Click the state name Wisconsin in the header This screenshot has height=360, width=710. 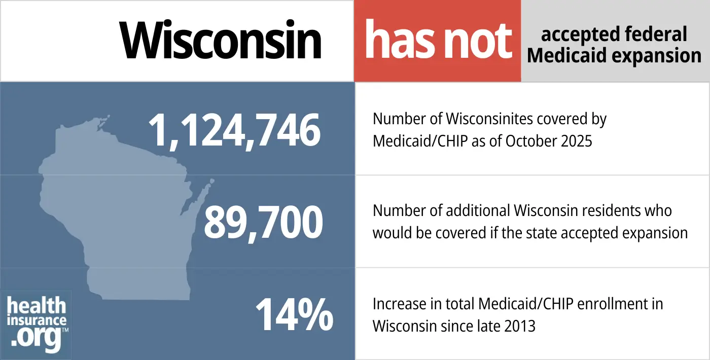pyautogui.click(x=221, y=41)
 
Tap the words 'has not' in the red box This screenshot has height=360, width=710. pyautogui.click(x=438, y=41)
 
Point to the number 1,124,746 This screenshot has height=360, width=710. pyautogui.click(x=234, y=130)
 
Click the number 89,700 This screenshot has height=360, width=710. pyautogui.click(x=263, y=223)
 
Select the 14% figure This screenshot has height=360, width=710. pyautogui.click(x=294, y=314)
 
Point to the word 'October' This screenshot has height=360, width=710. pyautogui.click(x=524, y=140)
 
